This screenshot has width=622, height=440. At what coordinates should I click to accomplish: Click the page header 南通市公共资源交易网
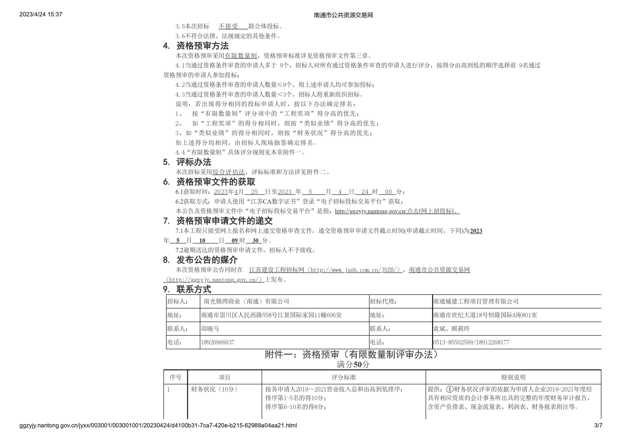(x=343, y=15)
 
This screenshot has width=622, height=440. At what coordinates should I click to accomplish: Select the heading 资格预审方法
(x=202, y=46)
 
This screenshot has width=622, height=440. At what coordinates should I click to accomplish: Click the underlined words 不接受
(x=228, y=26)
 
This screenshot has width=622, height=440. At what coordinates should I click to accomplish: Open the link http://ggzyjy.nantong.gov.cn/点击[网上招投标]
(x=397, y=211)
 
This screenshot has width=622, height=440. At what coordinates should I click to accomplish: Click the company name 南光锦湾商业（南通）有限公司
(x=246, y=301)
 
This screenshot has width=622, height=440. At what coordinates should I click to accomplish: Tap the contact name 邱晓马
(x=210, y=329)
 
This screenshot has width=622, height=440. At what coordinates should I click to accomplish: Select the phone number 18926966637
(x=217, y=342)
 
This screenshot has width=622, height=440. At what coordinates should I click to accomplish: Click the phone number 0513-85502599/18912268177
(x=471, y=342)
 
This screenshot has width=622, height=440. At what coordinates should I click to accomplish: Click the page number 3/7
(x=598, y=425)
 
